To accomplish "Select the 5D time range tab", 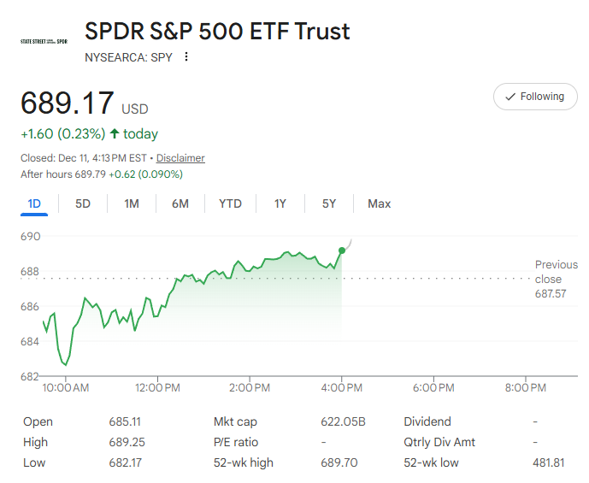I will pos(83,203).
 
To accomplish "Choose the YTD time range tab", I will pos(230,203).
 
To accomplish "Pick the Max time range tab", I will pos(379,203).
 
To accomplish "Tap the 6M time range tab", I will pos(180,203).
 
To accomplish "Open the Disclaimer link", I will pos(180,158).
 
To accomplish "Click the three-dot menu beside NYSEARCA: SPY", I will pos(186,57).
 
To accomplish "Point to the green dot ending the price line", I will pos(342,250).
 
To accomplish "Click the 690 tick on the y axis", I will pos(31,236).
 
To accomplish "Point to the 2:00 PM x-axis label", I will pos(250,388).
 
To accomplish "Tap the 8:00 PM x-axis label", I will pos(525,388).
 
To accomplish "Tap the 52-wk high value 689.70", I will pos(340,462).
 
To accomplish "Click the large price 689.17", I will pos(68,103).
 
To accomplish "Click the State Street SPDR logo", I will pos(44,41).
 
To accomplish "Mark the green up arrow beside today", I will pos(115,133).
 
